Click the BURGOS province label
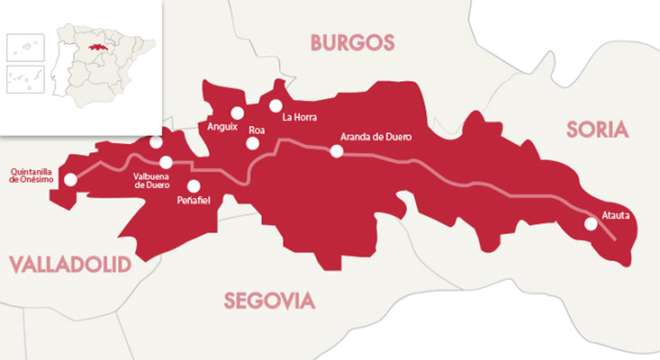(352, 42)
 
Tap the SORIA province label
(595, 130)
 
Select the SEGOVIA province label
(269, 300)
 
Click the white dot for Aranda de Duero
(336, 151)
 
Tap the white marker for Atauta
(590, 224)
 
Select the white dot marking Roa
(253, 143)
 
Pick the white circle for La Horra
(276, 105)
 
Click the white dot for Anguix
(237, 113)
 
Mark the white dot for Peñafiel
(193, 186)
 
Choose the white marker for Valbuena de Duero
(166, 162)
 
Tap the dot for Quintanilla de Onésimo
(71, 179)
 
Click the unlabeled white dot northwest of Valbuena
(156, 142)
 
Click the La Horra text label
(301, 117)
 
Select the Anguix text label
(222, 127)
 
